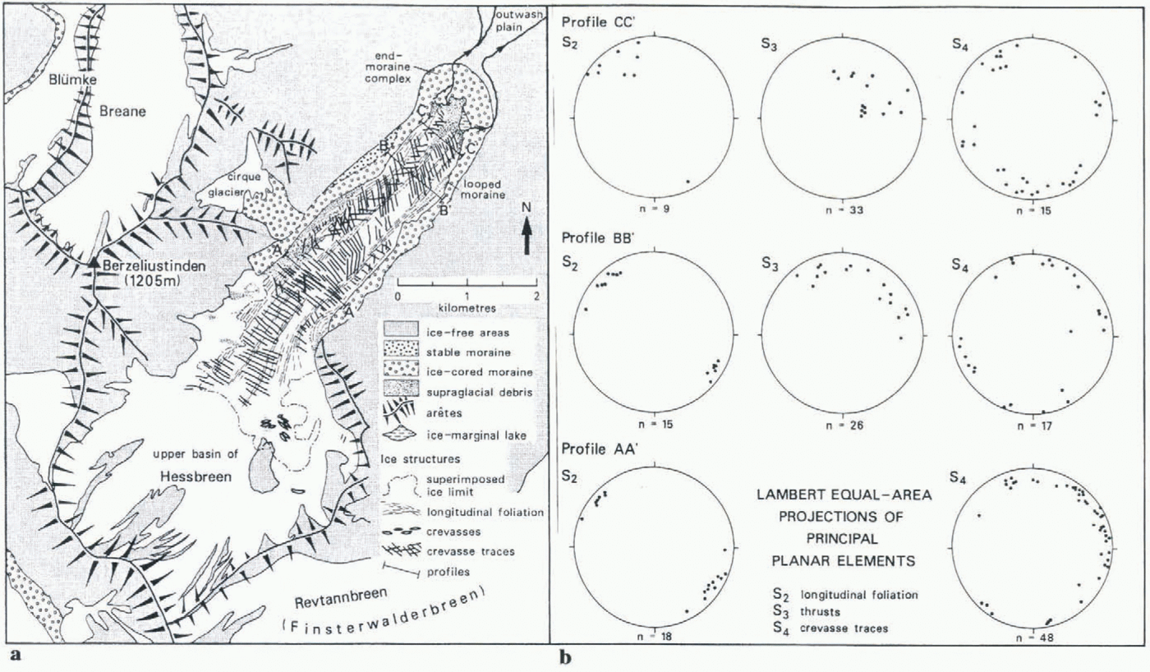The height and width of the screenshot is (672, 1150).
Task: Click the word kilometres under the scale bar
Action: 466,309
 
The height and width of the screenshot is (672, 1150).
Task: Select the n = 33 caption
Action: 844,211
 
